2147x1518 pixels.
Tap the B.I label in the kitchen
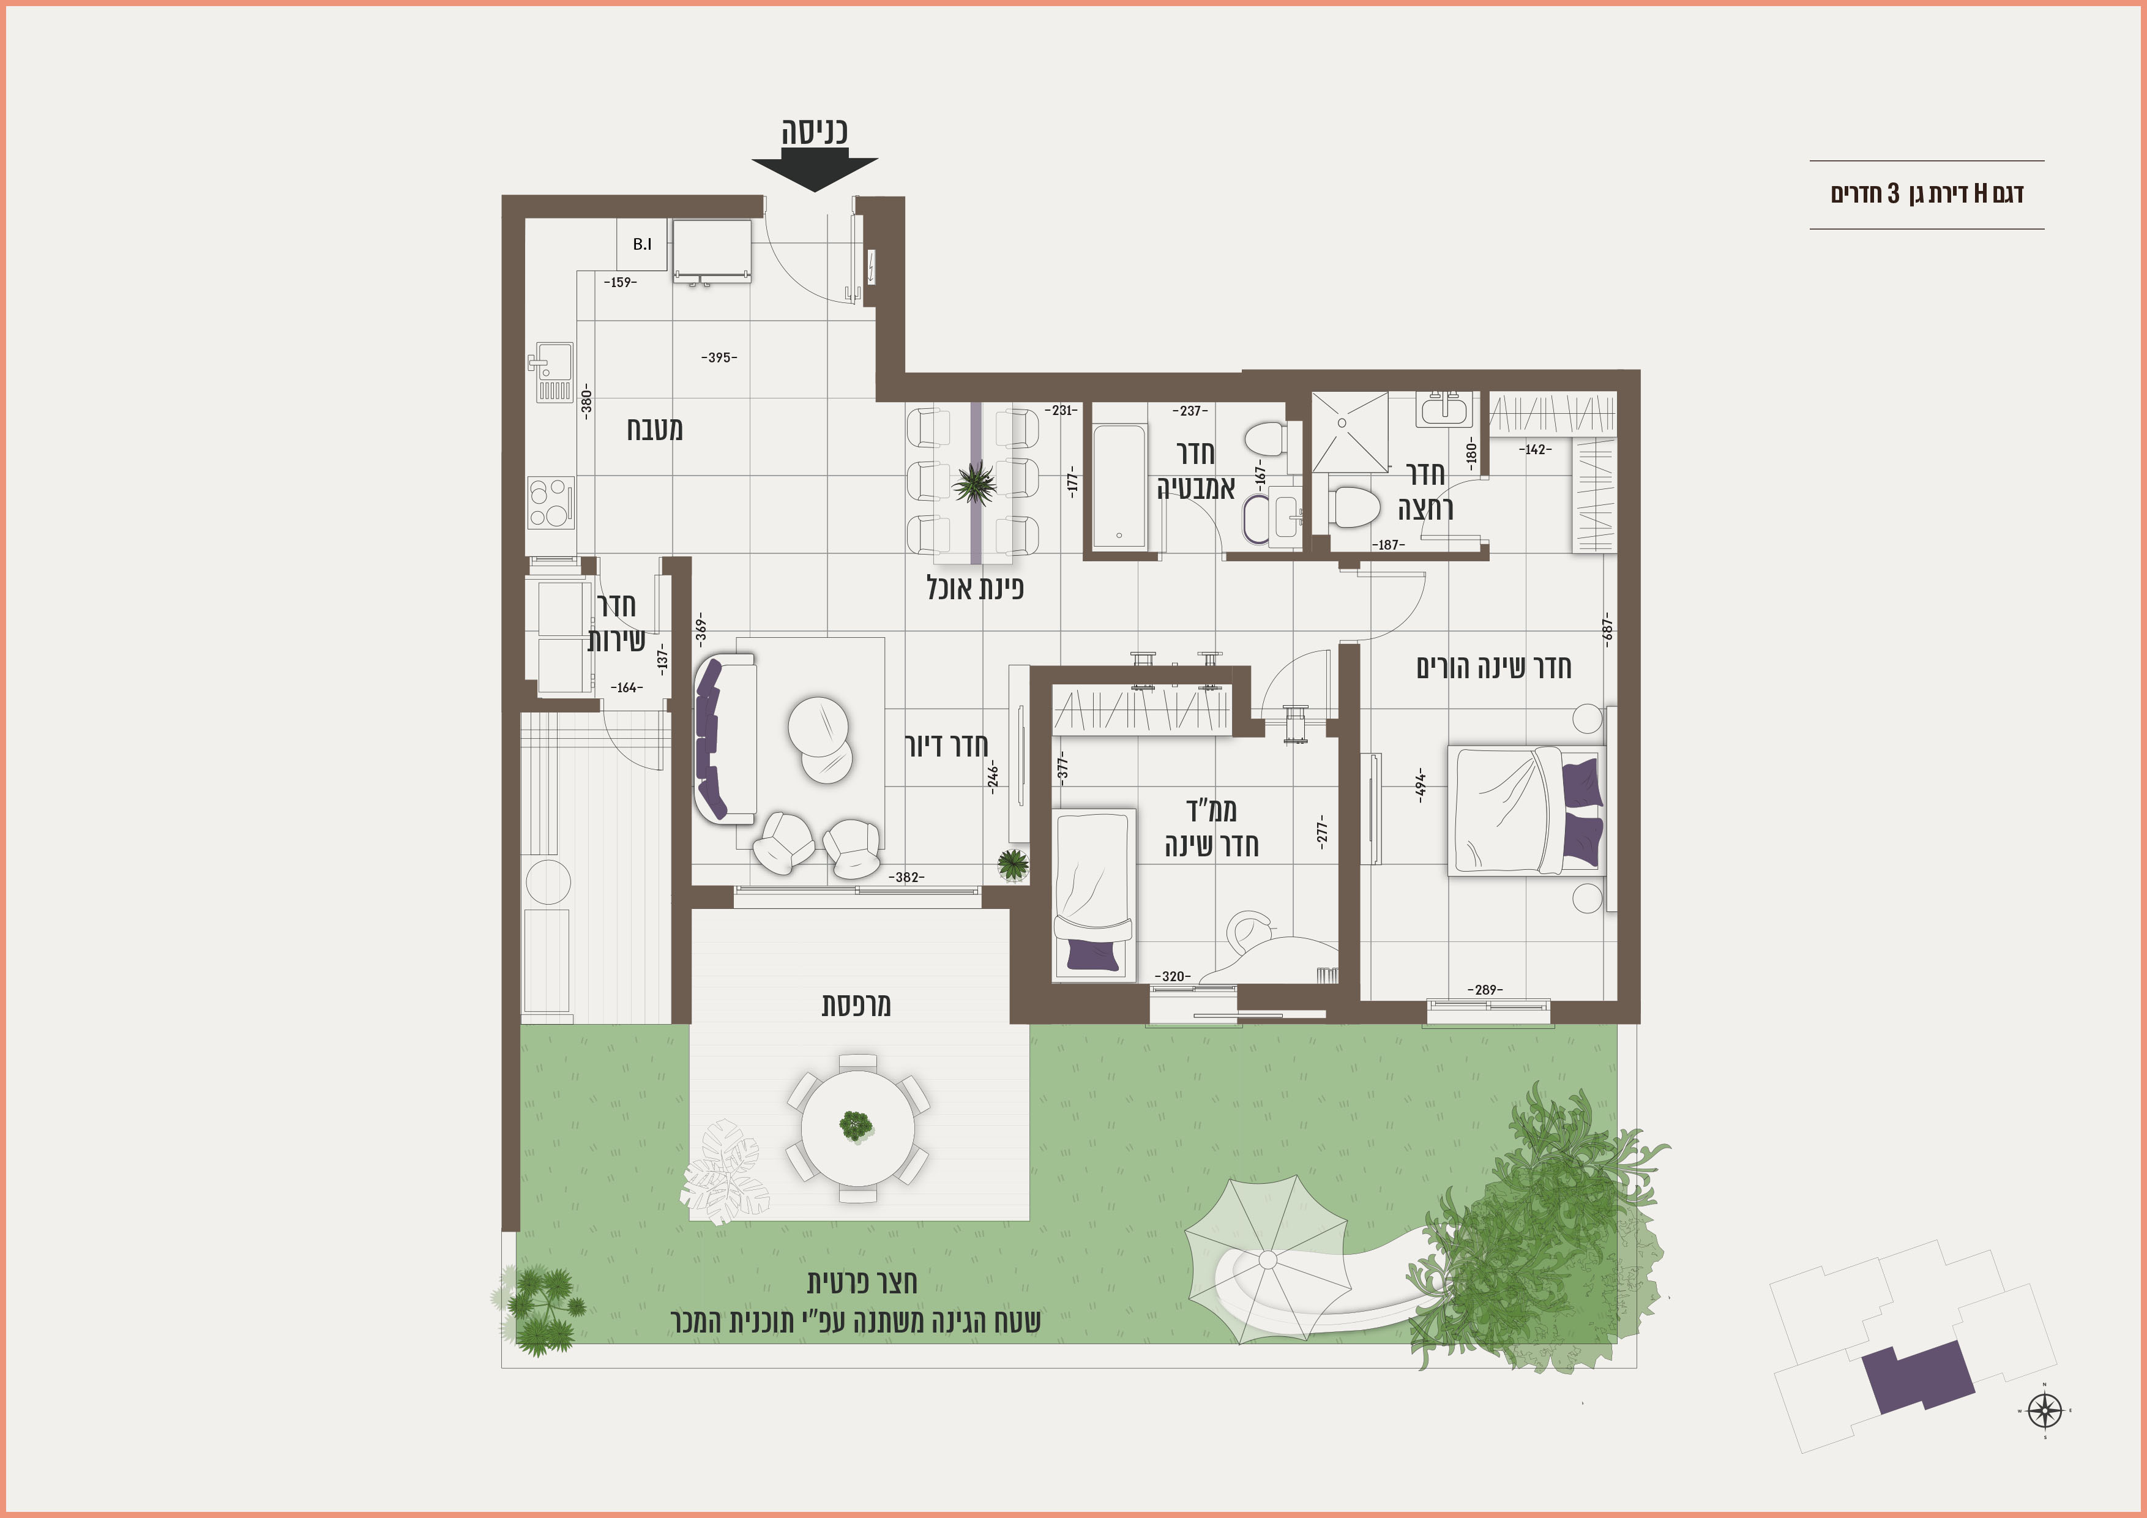(x=643, y=244)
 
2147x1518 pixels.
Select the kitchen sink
(x=551, y=372)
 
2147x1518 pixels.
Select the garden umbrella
(x=1267, y=1259)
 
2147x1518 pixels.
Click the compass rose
(x=2045, y=1410)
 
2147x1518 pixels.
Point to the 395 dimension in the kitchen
(x=719, y=357)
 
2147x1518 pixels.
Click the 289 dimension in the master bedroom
(x=1485, y=990)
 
